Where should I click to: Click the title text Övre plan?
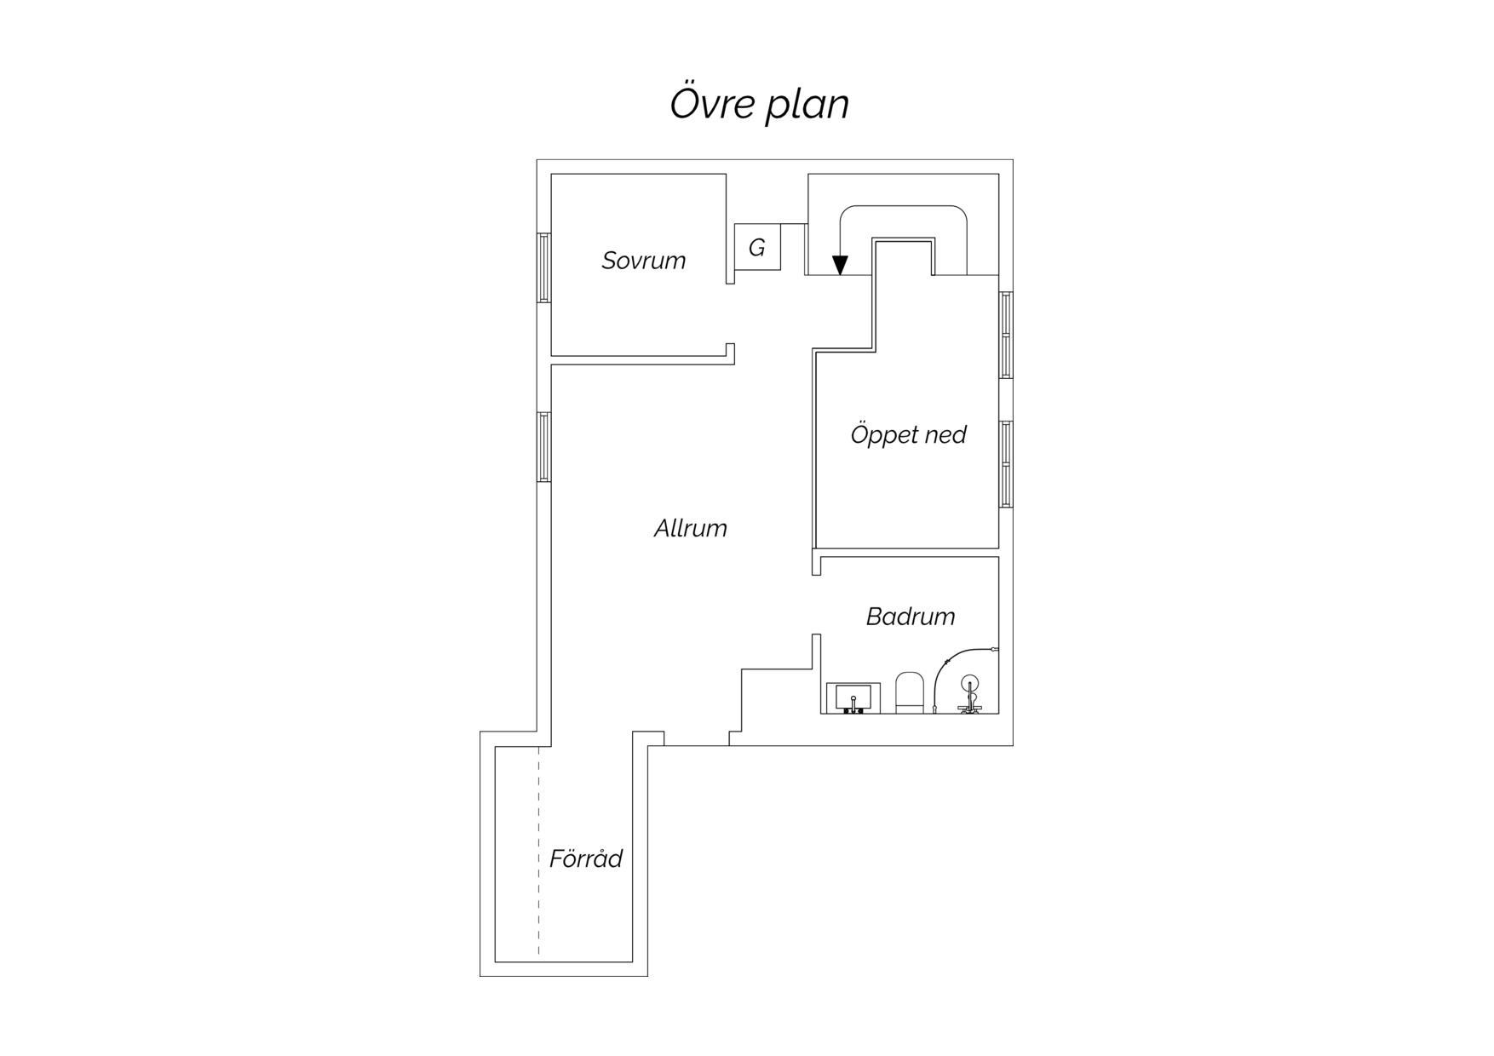click(759, 103)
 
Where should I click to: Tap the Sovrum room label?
click(643, 260)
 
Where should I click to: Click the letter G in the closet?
click(756, 248)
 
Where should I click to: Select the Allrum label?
click(690, 528)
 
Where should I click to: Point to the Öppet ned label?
click(908, 434)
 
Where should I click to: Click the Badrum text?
click(910, 616)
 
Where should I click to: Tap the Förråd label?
click(585, 858)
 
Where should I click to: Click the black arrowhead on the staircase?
click(840, 265)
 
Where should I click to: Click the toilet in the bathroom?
click(910, 692)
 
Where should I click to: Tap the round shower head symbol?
click(969, 683)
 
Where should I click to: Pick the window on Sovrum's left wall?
click(543, 267)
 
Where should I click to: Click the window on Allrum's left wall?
click(543, 447)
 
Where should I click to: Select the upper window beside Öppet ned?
click(1006, 335)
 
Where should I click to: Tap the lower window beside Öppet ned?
click(1006, 464)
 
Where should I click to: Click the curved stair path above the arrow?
click(904, 206)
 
